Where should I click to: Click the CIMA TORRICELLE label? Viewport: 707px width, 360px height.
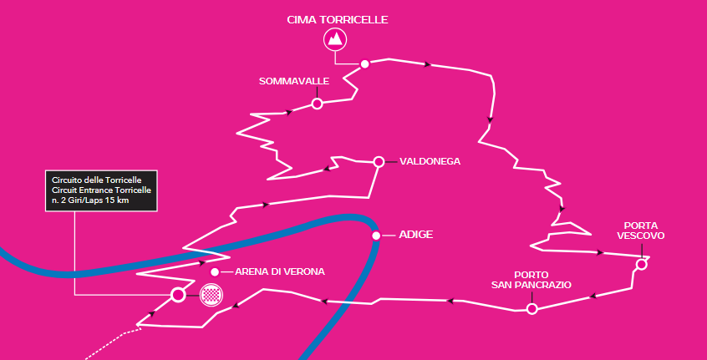click(x=338, y=19)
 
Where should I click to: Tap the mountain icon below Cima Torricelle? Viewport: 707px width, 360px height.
click(x=335, y=39)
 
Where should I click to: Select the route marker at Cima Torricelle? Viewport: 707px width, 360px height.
click(x=364, y=63)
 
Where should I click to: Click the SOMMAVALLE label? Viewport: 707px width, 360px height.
click(x=294, y=81)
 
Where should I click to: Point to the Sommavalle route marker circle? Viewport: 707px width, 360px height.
click(x=317, y=104)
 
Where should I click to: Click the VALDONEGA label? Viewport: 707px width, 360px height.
click(x=430, y=161)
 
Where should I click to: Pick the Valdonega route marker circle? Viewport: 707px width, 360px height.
click(x=379, y=161)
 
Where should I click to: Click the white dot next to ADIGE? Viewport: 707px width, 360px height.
click(x=377, y=236)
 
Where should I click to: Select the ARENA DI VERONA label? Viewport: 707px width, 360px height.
click(x=279, y=271)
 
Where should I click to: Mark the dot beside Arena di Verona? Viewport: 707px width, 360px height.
click(x=215, y=272)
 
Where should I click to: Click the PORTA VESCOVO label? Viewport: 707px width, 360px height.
click(x=640, y=231)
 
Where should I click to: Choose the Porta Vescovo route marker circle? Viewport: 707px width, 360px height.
click(x=641, y=265)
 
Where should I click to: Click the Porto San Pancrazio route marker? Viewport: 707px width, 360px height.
click(x=532, y=309)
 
